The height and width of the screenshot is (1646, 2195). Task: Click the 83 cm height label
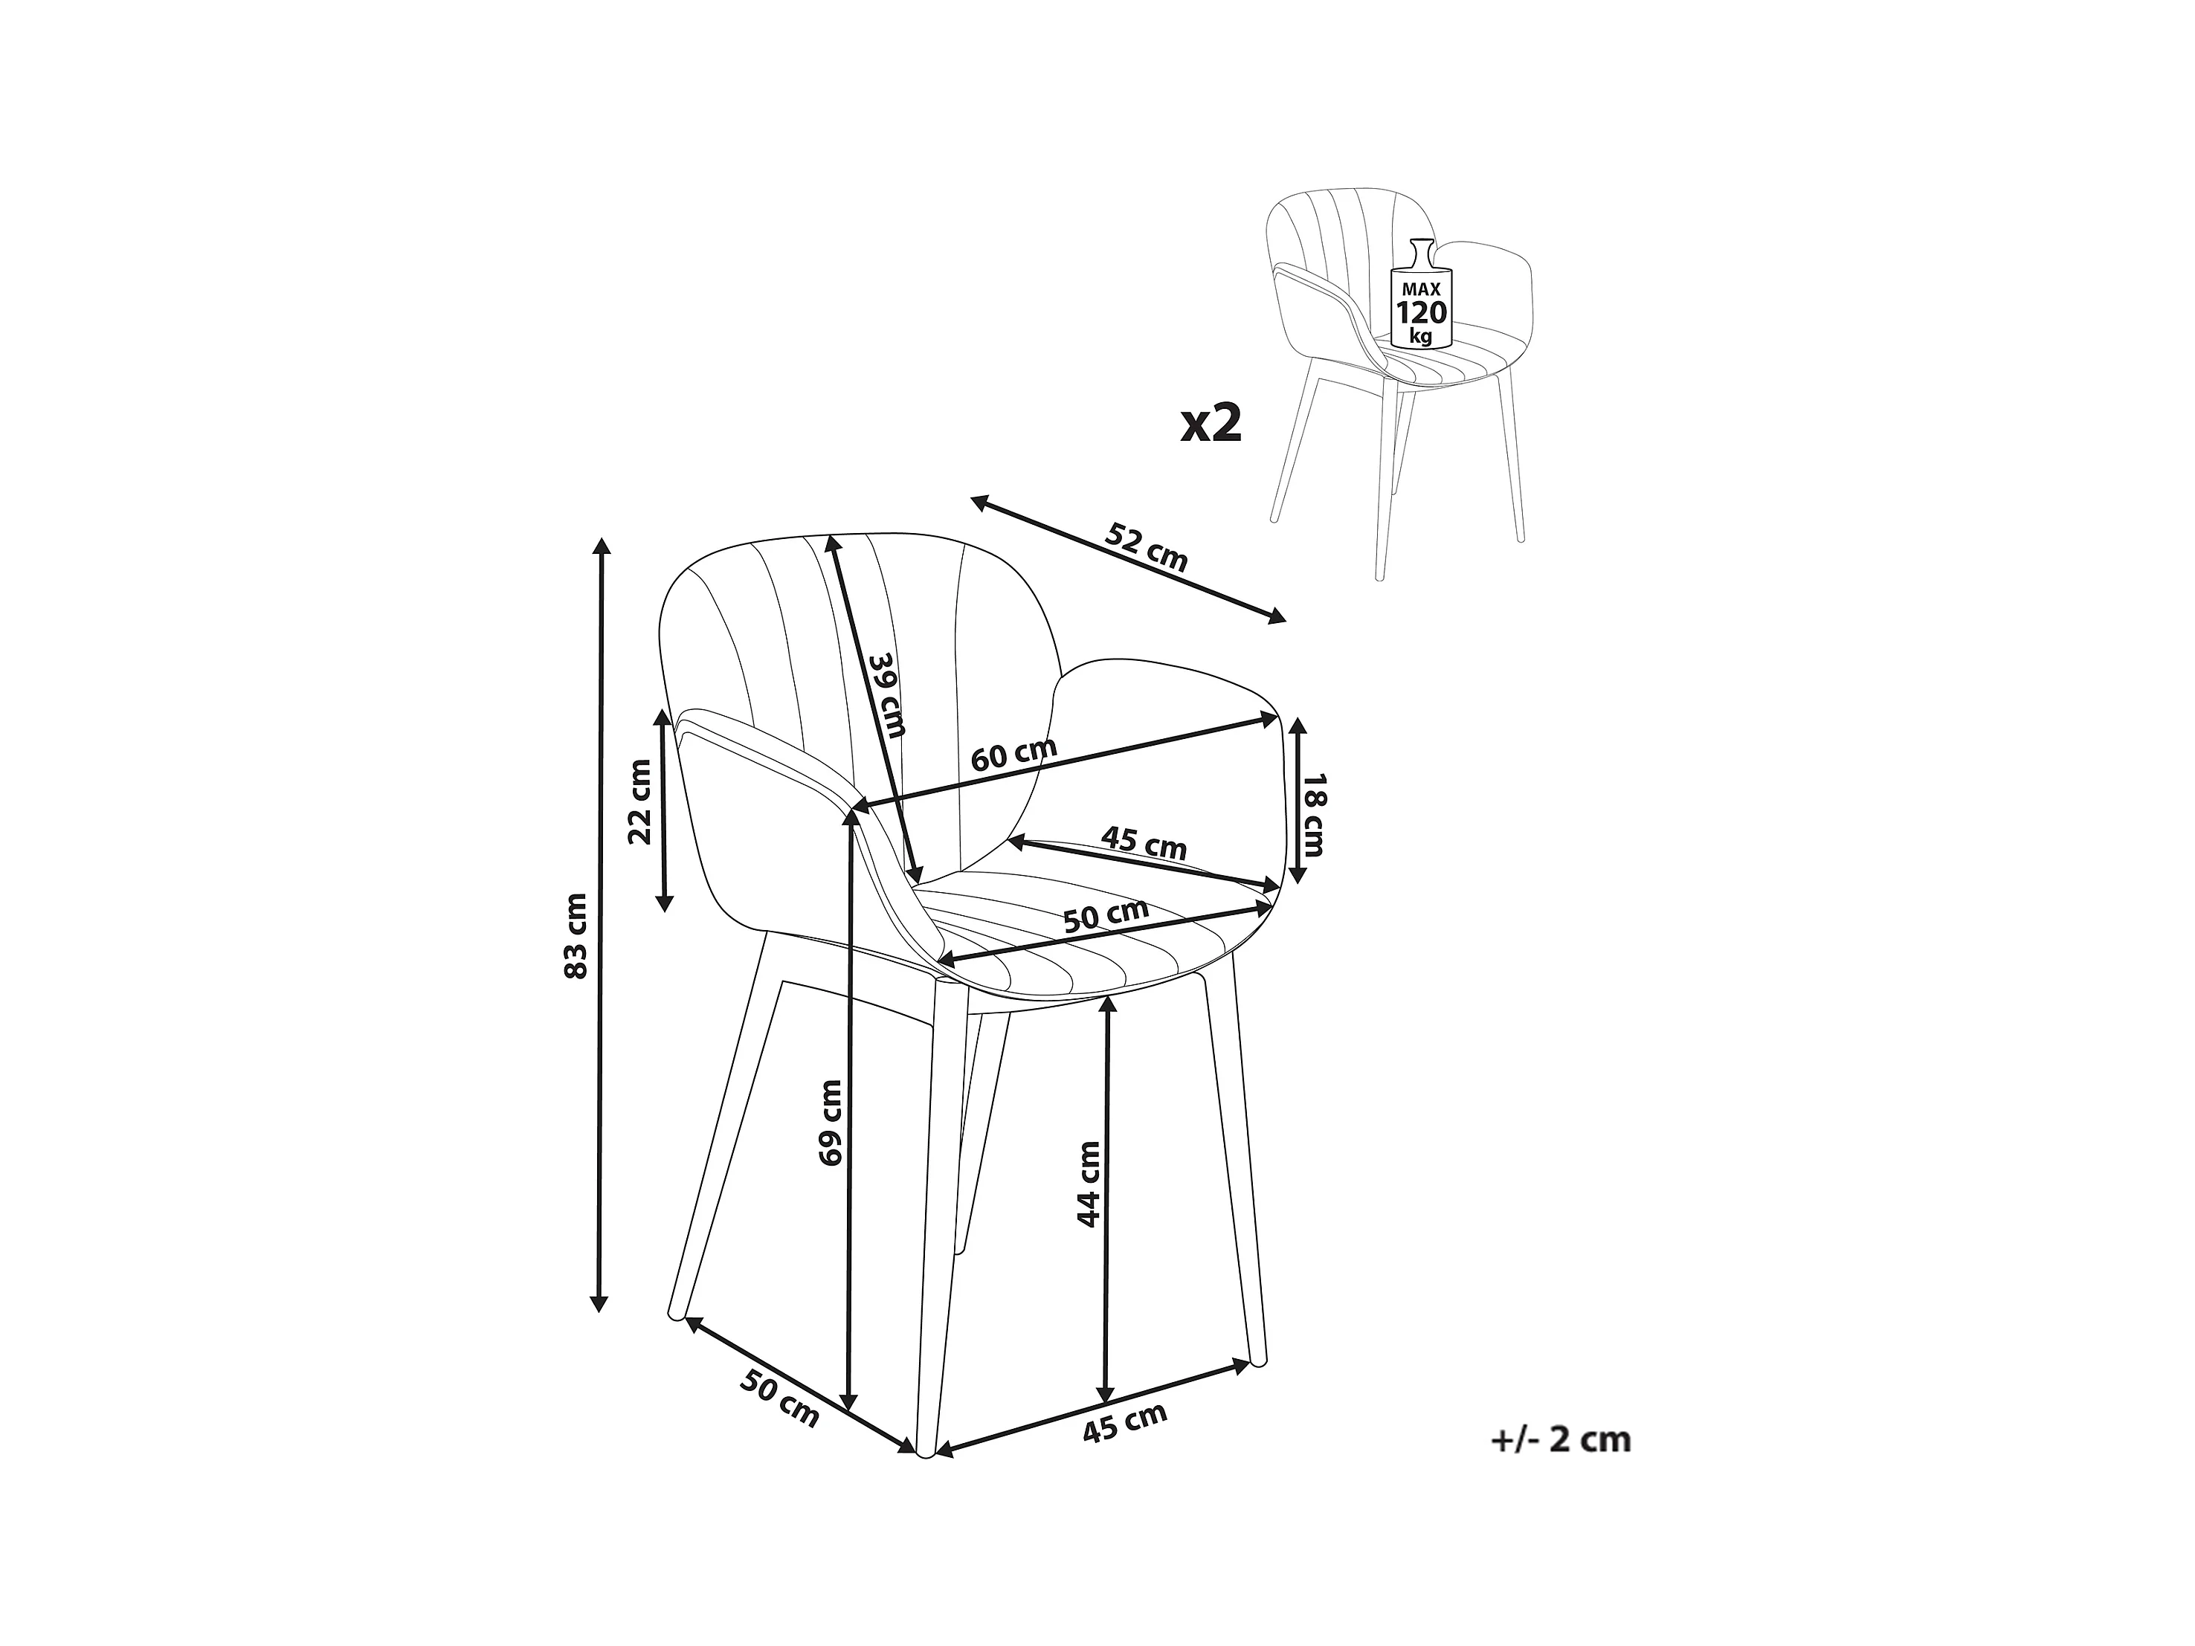tap(576, 935)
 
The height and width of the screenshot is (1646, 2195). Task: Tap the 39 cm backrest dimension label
tap(887, 696)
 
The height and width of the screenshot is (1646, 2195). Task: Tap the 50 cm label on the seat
tap(1106, 914)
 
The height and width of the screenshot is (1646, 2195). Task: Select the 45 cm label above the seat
tap(1143, 845)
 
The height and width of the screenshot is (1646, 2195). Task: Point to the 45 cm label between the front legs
tap(1124, 1423)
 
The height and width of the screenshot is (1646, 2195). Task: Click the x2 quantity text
tap(1211, 424)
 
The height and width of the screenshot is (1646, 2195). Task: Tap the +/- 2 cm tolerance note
tap(1560, 1439)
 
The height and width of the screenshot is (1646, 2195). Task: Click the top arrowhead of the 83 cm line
tap(599, 546)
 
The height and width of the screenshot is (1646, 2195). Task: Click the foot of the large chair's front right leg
tap(1258, 1362)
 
